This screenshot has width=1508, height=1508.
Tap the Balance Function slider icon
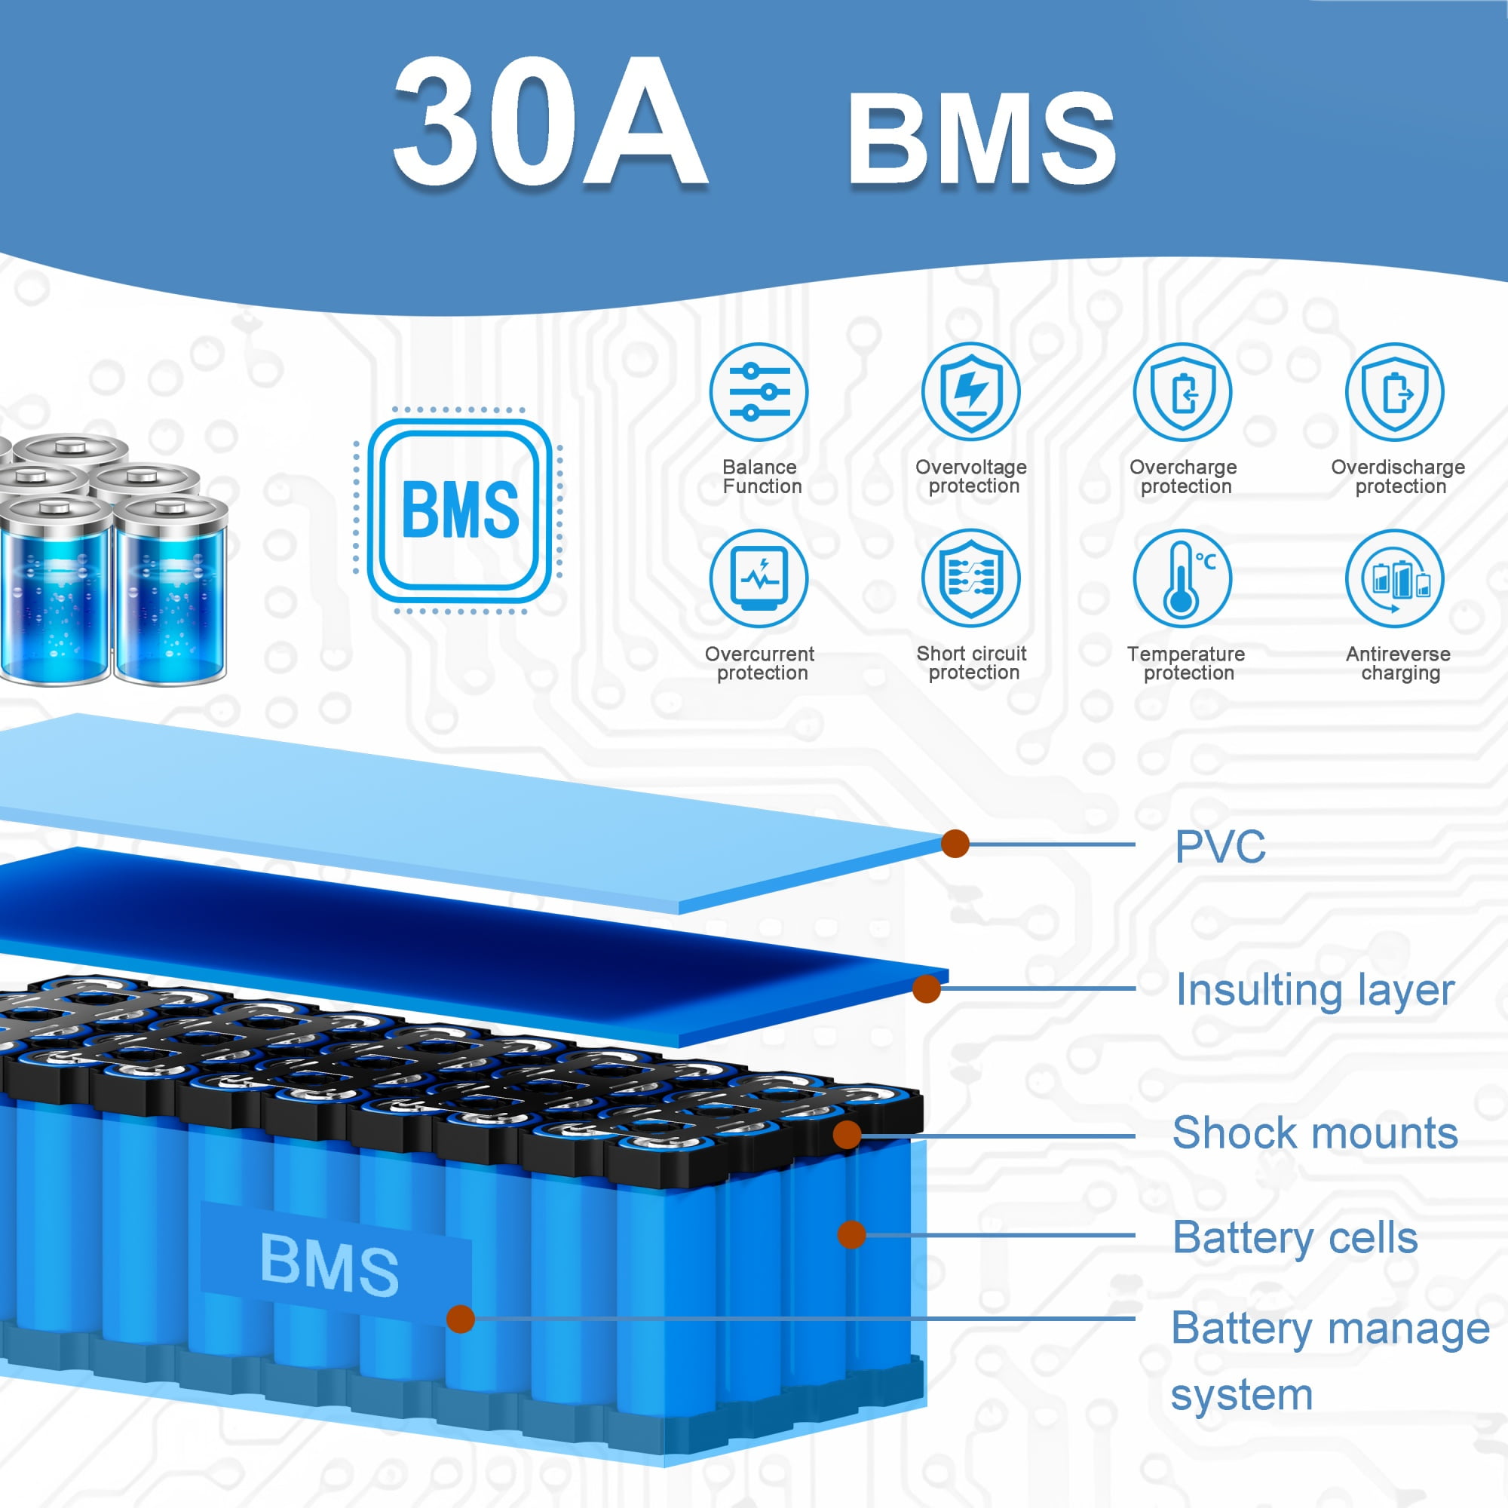pos(759,392)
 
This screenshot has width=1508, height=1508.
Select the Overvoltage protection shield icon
pos(970,392)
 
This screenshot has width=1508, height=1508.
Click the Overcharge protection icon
pos(1182,392)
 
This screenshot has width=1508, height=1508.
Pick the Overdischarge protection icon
pos(1394,392)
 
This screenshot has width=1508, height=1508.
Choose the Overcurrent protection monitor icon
pos(759,578)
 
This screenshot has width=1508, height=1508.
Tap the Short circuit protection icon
pos(970,578)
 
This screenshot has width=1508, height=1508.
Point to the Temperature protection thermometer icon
pos(1182,578)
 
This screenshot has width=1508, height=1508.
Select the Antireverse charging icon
pos(1394,578)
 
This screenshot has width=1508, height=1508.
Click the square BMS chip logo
pos(460,510)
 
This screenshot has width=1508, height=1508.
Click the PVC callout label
pos(1220,847)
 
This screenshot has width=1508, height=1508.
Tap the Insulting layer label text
pos(1315,991)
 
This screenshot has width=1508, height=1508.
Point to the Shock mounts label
pos(1315,1133)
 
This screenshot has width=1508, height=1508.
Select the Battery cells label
pos(1295,1238)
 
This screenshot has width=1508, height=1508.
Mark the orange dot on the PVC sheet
pos(955,843)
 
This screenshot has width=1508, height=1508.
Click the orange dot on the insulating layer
pos(927,989)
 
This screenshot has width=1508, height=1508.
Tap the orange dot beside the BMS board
pos(461,1319)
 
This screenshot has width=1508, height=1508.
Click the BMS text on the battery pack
pos(329,1264)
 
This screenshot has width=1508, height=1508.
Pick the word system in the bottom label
pos(1242,1395)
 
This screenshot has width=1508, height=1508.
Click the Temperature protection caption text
pos(1186,664)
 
